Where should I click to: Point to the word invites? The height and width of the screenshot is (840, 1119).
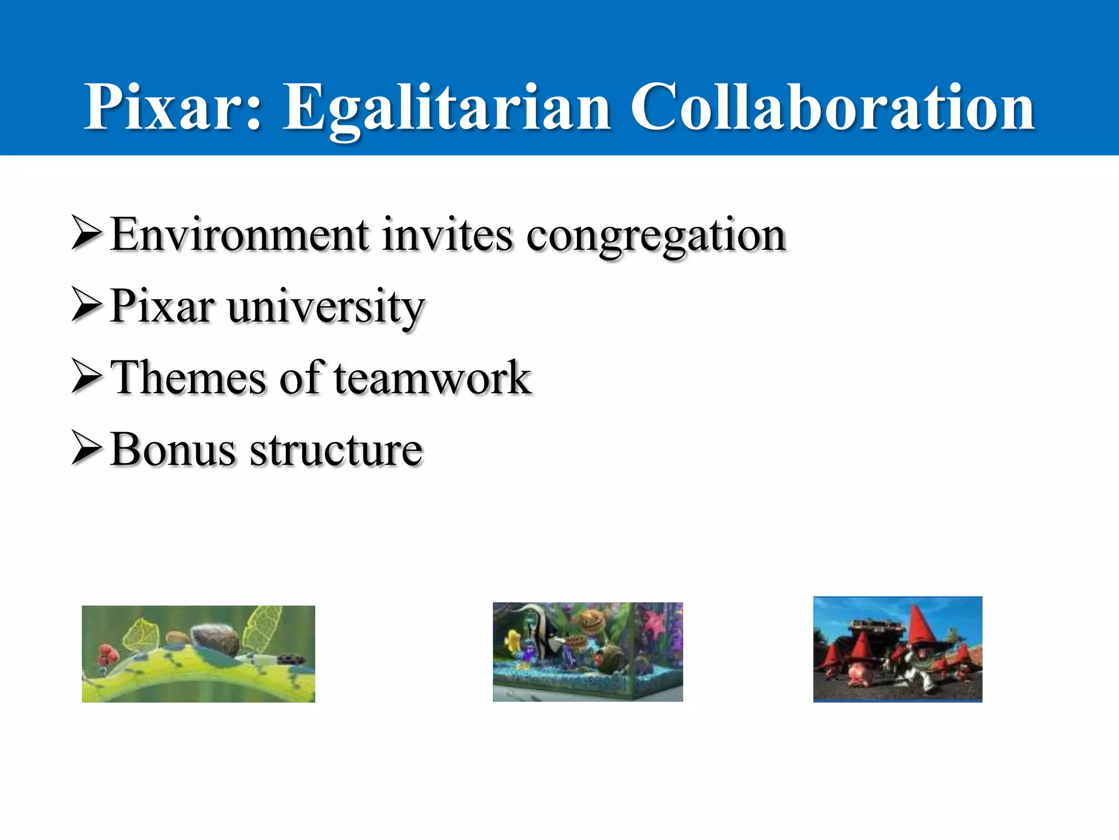coord(447,235)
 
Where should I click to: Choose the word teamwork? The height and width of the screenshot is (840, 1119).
coord(432,378)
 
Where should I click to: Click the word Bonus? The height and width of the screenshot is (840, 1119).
coord(173,450)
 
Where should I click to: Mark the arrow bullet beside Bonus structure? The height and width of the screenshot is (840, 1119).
coord(86,448)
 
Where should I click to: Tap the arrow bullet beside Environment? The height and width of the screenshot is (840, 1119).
coord(86,234)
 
